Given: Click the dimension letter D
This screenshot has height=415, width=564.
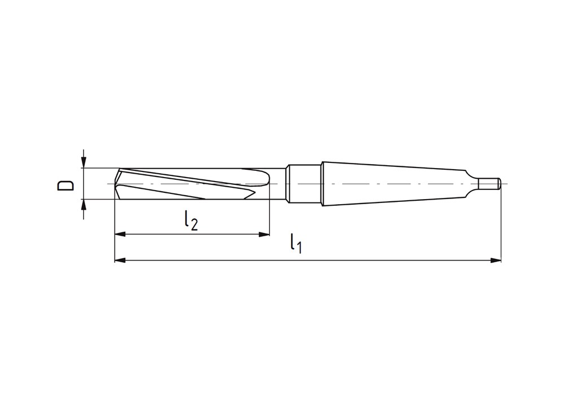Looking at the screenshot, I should pos(67,185).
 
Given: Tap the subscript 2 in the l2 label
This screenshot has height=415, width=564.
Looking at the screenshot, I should pos(193,224).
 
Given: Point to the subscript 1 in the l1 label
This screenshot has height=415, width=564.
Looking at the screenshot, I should pos(299,248).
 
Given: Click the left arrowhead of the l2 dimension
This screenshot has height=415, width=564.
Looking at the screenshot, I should pos(120,234).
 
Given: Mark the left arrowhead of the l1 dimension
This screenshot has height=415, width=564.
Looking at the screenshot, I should pos(120,260).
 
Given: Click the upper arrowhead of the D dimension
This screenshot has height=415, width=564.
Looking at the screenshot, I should pos(83,162).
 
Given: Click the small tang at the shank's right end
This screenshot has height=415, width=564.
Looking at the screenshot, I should pos(489,184).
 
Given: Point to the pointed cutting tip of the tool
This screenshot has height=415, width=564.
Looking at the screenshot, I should pos(116,184).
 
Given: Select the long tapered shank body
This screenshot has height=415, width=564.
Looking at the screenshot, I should pos(395,184).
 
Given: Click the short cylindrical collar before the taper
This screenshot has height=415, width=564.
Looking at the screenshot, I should pos(305,184).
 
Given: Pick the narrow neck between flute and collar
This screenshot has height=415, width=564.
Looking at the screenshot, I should pos(279,184).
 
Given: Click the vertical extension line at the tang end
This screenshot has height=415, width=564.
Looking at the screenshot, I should pos(501,226).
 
